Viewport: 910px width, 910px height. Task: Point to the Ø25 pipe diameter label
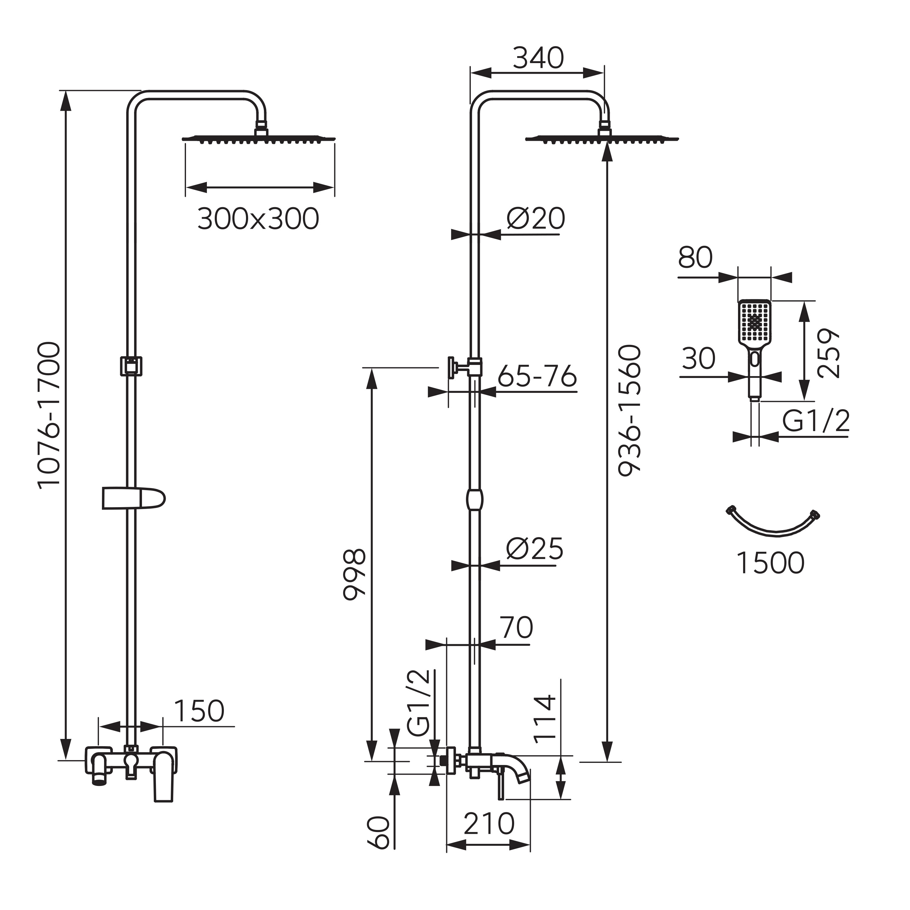(x=534, y=549)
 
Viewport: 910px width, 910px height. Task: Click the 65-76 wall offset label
(x=537, y=376)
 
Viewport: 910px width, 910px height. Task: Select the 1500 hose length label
(x=770, y=563)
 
